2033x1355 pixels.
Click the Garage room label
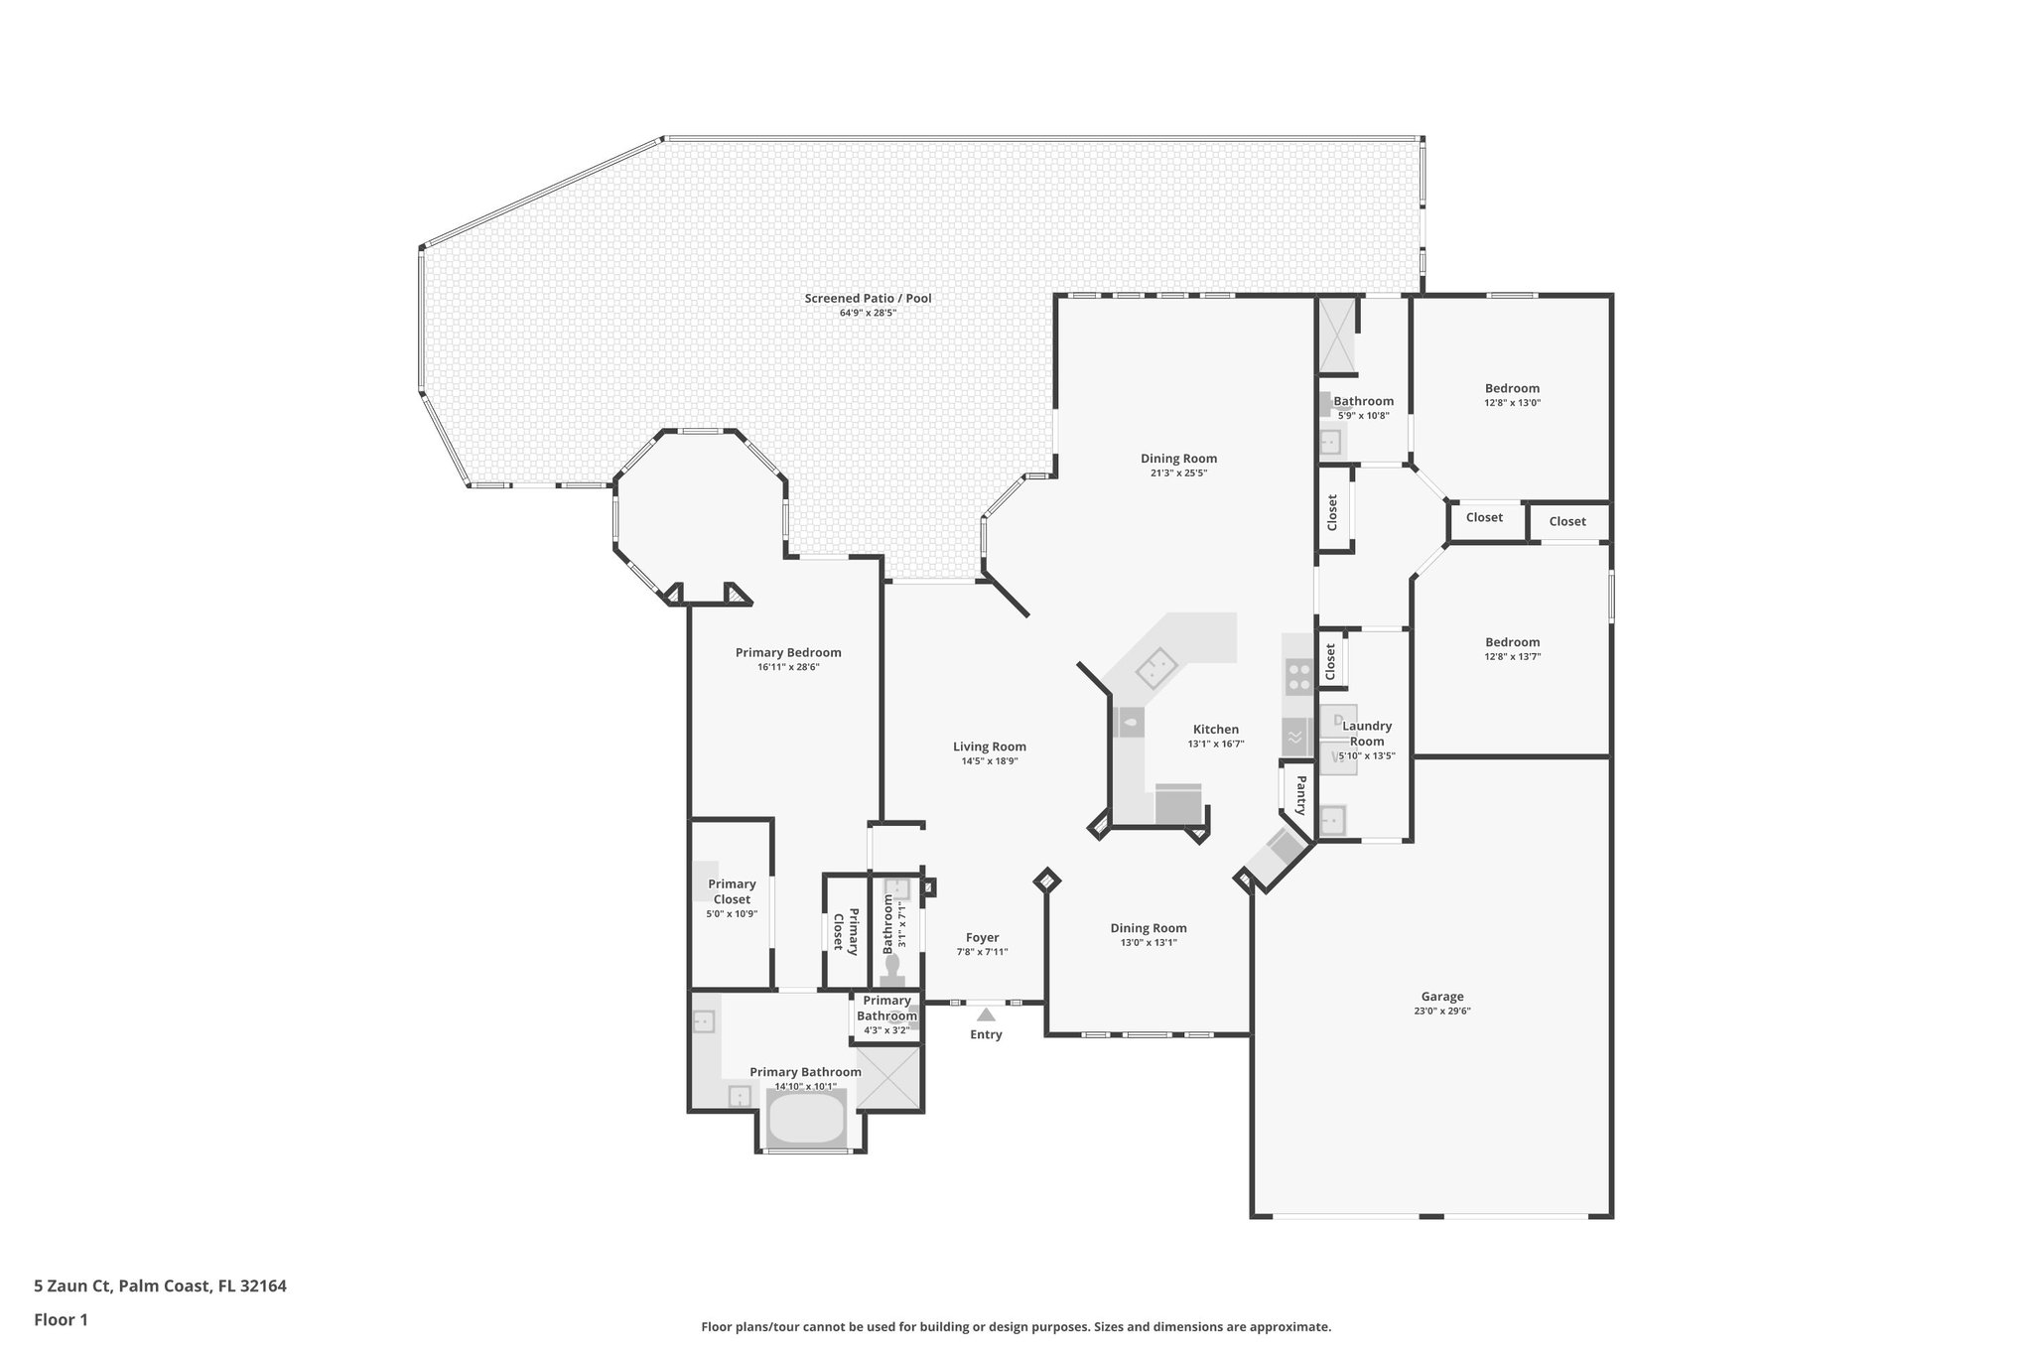tap(1441, 997)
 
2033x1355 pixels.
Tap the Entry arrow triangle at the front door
tap(986, 1015)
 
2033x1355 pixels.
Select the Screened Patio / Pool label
tap(868, 298)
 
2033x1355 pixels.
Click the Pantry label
tap(1300, 795)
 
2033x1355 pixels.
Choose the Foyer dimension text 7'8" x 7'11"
tap(982, 952)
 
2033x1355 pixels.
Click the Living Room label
tap(989, 746)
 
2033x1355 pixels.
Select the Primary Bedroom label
tap(788, 652)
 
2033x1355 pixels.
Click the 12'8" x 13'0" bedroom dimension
tap(1512, 403)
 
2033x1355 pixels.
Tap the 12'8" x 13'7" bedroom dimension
tap(1512, 656)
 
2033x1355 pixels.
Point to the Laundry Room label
tap(1367, 734)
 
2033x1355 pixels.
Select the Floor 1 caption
tap(61, 1320)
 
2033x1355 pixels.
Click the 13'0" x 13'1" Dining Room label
tap(1149, 928)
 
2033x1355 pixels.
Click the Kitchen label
tap(1215, 729)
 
